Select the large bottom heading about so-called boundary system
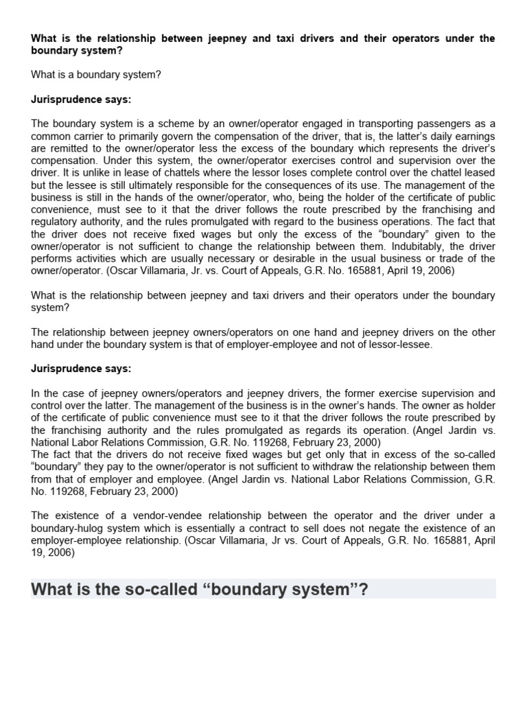200,589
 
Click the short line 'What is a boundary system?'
96,74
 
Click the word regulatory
56,222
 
